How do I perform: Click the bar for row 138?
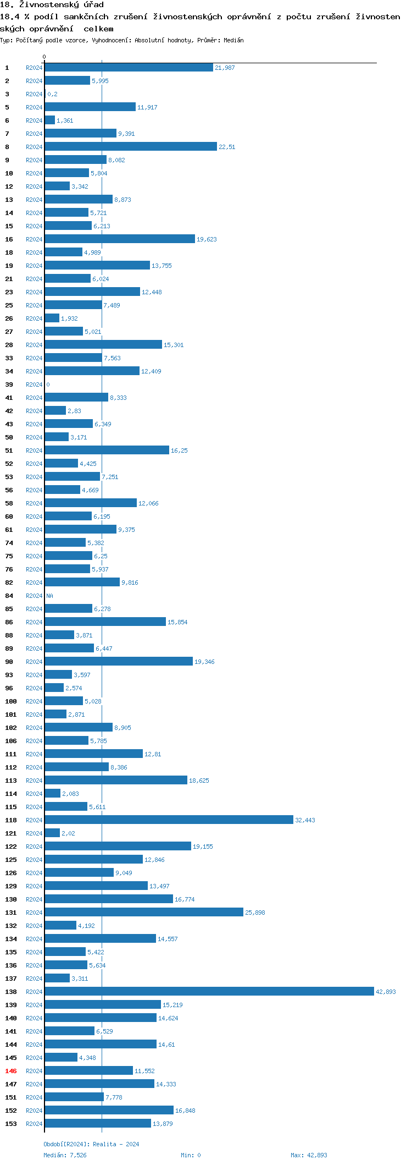coord(209,991)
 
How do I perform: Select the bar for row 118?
coord(169,820)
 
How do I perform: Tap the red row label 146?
coord(11,1070)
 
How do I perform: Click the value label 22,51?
coord(227,147)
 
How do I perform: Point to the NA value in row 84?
coord(49,596)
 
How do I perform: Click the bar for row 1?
coord(129,67)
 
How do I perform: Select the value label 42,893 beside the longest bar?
coord(386,992)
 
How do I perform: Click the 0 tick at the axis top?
coord(44,57)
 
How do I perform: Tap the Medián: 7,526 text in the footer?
coord(65,1155)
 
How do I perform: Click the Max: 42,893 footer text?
coord(308,1155)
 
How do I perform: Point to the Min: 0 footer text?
coord(191,1155)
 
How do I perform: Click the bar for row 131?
coord(144,912)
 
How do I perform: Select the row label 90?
coord(9,662)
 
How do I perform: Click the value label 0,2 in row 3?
coord(52,94)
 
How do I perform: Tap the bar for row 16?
coord(120,239)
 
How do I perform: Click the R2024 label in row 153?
coord(34,1124)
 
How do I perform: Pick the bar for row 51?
coord(107,450)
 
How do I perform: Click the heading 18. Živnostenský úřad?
coord(52,5)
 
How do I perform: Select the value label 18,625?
coord(199,781)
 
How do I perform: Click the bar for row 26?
coord(52,318)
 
